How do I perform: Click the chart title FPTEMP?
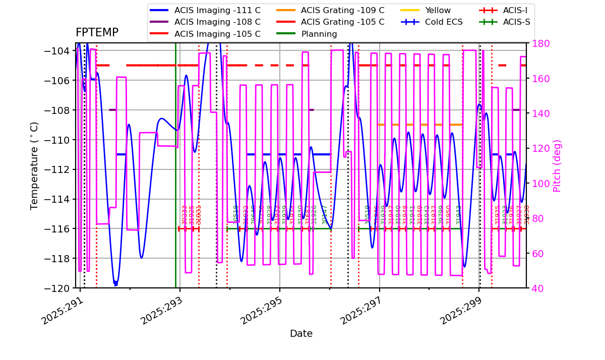pyautogui.click(x=97, y=33)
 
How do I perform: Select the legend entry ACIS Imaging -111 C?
pyautogui.click(x=217, y=10)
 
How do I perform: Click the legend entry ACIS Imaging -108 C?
pyautogui.click(x=217, y=22)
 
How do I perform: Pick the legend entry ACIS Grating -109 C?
pyautogui.click(x=342, y=10)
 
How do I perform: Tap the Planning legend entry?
pyautogui.click(x=319, y=34)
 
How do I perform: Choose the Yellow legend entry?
pyautogui.click(x=438, y=10)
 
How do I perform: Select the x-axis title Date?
pyautogui.click(x=301, y=334)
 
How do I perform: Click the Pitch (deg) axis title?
pyautogui.click(x=557, y=165)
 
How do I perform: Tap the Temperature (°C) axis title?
pyautogui.click(x=34, y=165)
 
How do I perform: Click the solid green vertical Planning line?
pyautogui.click(x=175, y=151)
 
